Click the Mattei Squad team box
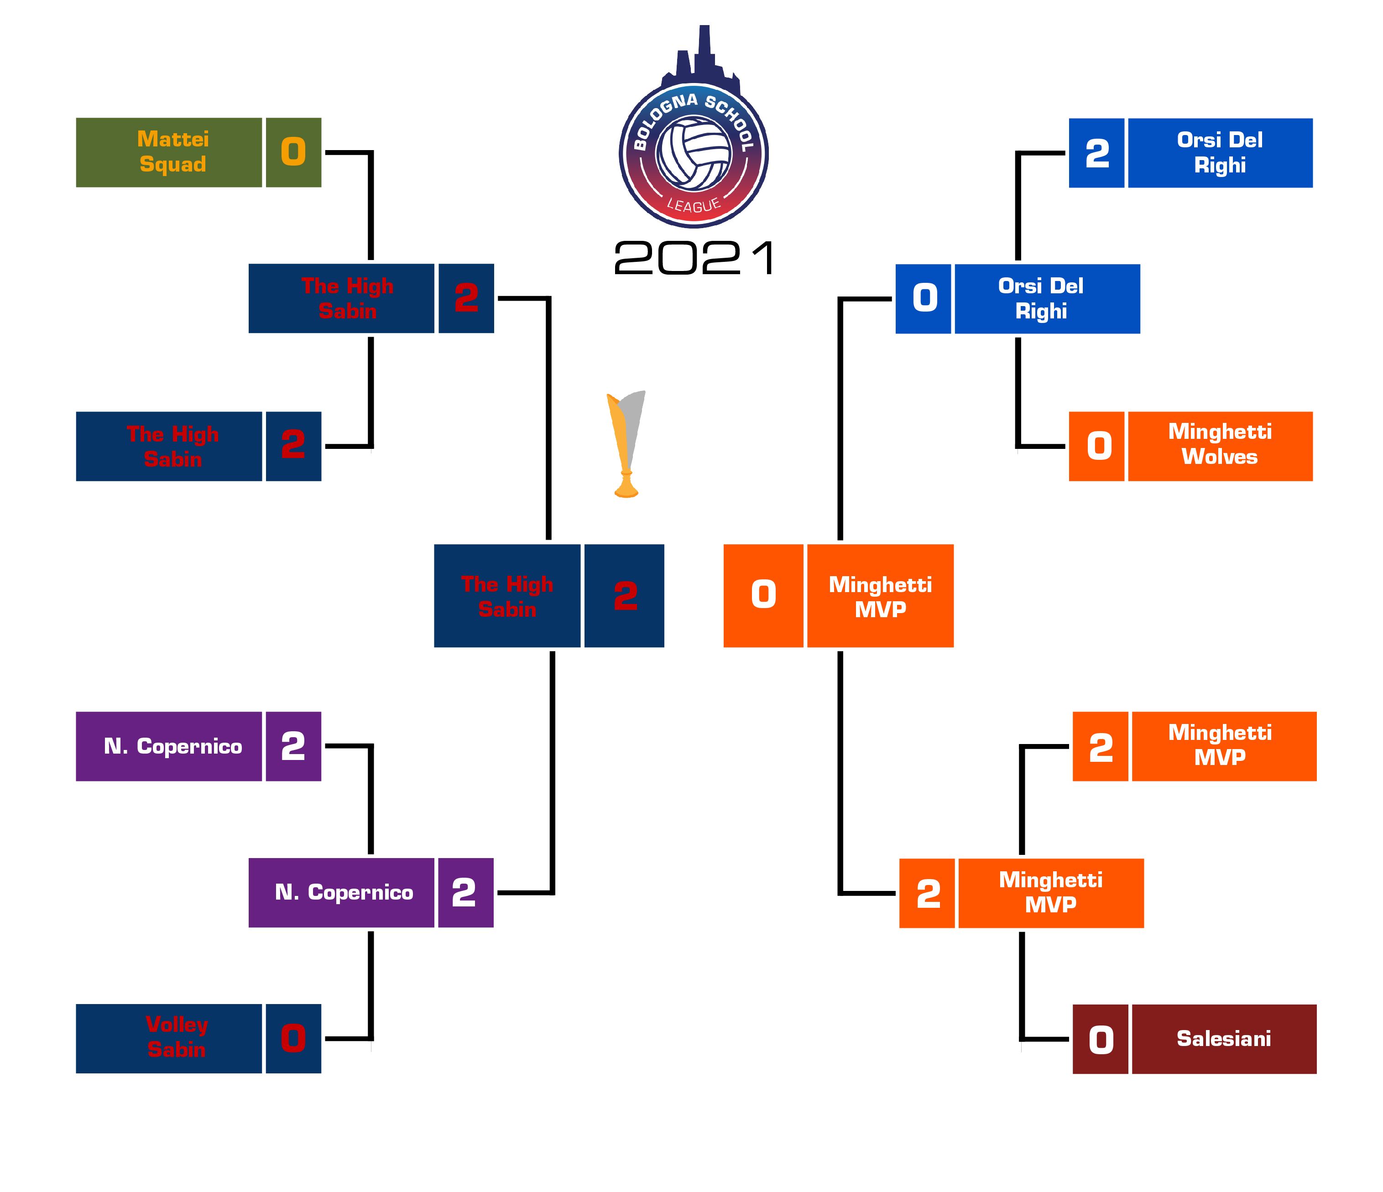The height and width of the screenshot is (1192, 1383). click(x=169, y=152)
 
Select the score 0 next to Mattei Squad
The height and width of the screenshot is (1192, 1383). click(x=293, y=152)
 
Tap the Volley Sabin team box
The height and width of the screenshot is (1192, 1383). click(x=169, y=1038)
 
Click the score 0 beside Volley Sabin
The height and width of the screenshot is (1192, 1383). click(x=293, y=1038)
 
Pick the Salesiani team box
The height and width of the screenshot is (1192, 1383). click(x=1223, y=1038)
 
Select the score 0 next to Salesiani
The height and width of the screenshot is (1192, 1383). click(x=1100, y=1038)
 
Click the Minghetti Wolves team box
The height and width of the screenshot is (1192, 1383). click(x=1220, y=446)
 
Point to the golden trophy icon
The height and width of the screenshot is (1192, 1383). click(x=626, y=444)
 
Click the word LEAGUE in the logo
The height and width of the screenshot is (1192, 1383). click(x=694, y=205)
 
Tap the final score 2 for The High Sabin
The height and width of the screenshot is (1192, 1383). click(x=624, y=595)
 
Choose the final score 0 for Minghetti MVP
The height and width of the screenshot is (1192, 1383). click(x=763, y=595)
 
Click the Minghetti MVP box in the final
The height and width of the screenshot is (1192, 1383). click(x=880, y=595)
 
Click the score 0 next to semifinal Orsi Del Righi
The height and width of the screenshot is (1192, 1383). click(x=923, y=298)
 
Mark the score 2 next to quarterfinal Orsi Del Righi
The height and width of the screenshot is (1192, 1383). click(x=1096, y=153)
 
